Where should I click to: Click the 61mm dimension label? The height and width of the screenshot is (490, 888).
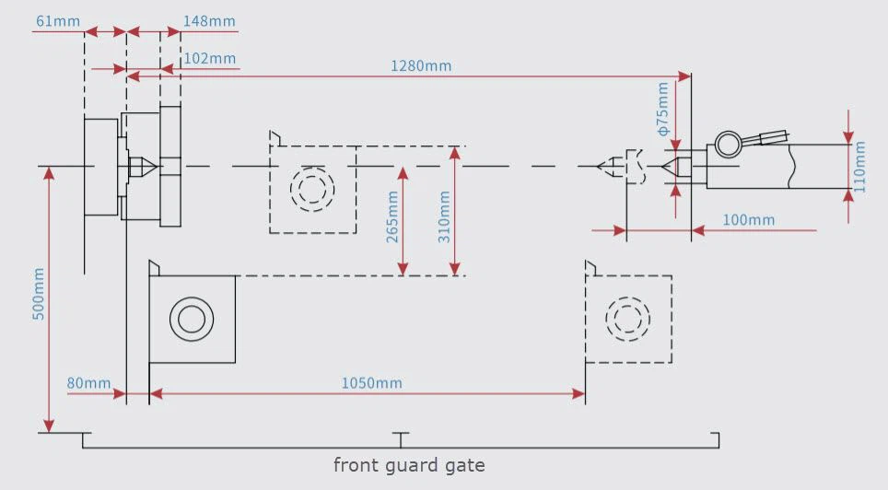point(58,21)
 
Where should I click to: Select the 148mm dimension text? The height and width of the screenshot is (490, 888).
point(209,21)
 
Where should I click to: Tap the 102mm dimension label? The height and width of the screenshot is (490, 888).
point(209,58)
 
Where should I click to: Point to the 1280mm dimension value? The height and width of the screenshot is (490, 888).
point(421,65)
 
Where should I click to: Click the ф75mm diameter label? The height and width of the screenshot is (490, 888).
point(662,109)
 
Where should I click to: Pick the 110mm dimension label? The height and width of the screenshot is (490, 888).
point(859,167)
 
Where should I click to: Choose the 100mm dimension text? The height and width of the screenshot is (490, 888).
point(748,220)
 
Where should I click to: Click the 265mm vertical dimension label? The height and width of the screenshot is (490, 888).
point(391,217)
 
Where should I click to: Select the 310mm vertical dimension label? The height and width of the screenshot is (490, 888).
point(444,217)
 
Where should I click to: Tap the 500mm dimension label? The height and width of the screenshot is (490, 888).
point(38,294)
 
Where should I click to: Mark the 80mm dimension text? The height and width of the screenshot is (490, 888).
point(88,383)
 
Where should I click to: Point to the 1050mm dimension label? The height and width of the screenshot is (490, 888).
point(371,383)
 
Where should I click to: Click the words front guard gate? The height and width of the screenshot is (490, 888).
point(409,465)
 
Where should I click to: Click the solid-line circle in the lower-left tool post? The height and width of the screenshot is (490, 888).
point(192,297)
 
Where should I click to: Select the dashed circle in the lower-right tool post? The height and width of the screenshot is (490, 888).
point(628,297)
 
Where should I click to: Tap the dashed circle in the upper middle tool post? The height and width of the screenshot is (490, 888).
point(312,168)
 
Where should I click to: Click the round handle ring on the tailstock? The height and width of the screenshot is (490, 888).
point(729,132)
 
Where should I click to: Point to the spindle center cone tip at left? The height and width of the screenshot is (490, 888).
point(157,167)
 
